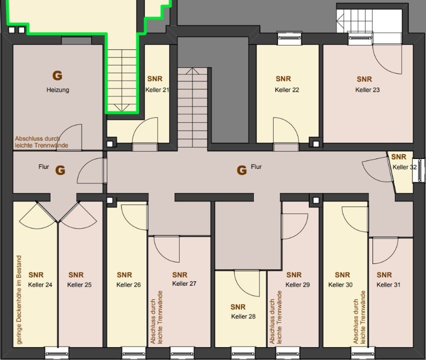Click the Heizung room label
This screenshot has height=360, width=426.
57,90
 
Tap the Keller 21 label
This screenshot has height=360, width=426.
157,89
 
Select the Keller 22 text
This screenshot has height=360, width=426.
287,89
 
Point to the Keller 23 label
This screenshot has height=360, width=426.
367,89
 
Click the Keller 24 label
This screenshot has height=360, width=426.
40,284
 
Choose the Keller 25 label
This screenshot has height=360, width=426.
79,284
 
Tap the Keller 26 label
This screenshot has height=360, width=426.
128,284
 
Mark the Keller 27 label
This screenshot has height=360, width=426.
184,283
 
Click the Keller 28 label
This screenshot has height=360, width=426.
243,316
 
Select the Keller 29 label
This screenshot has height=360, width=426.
298,284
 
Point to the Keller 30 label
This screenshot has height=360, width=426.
340,284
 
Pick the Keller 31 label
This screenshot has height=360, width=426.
388,284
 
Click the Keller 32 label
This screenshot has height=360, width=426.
404,167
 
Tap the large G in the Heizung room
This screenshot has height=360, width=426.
57,75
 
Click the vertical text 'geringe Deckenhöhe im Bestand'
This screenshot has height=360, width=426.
18,299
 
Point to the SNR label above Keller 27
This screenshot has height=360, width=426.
180,275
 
